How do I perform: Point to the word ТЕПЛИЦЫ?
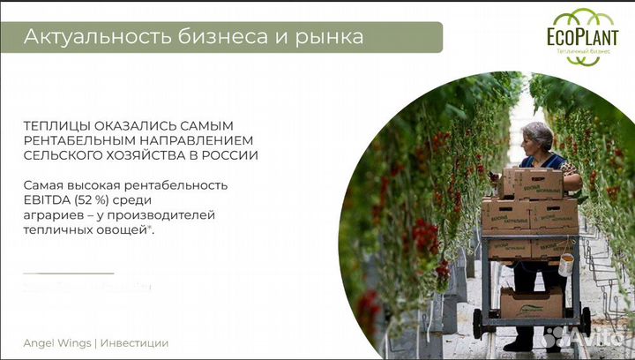point(56,125)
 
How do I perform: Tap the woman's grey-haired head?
point(536,136)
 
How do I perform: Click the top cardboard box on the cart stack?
point(531,183)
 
